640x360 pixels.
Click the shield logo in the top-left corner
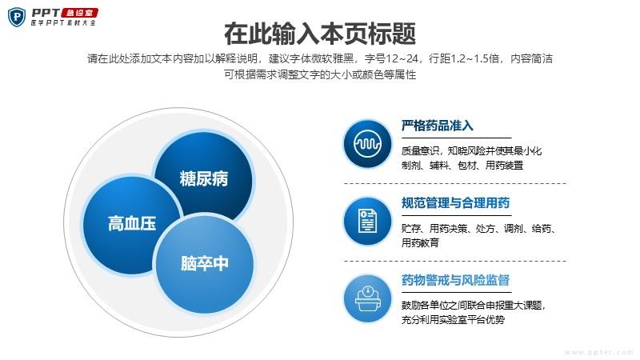[x=17, y=17]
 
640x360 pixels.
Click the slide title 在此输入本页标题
[x=319, y=34]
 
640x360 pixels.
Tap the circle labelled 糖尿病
[x=203, y=178]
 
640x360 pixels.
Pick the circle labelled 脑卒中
[x=205, y=263]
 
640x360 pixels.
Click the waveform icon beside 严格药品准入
[x=367, y=144]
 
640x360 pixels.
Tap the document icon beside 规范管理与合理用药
[x=367, y=221]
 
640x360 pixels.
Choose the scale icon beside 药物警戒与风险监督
[x=367, y=298]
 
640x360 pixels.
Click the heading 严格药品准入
[x=437, y=126]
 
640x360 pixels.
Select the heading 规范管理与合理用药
[x=455, y=203]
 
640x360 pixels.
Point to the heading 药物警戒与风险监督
[x=455, y=280]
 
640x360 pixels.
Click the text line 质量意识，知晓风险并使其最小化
[x=471, y=151]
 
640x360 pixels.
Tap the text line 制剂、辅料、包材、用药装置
[x=462, y=166]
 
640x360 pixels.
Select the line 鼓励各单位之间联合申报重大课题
[x=472, y=306]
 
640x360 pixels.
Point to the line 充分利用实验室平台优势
[x=453, y=319]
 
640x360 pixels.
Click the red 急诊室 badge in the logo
[x=79, y=13]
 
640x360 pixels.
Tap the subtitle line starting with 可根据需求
[x=320, y=74]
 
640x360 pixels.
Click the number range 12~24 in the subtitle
[x=402, y=58]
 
